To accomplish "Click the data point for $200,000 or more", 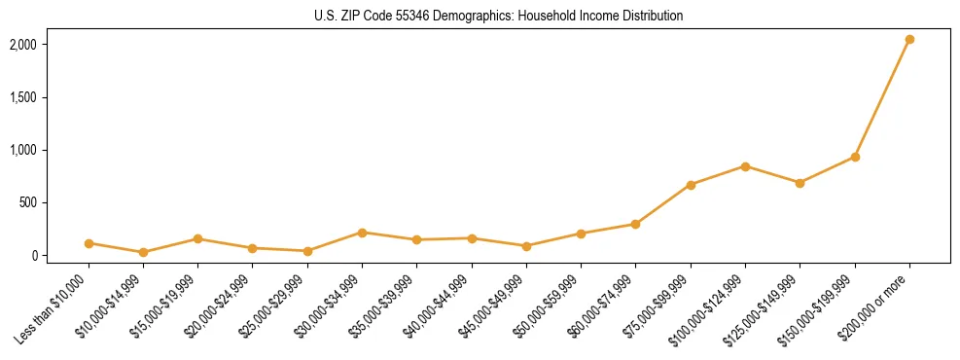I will pos(909,40).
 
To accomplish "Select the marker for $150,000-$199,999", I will pos(855,157).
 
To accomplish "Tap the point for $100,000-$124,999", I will pos(745,166).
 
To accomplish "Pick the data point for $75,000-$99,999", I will pos(691,185).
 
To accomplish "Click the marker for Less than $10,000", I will pos(89,243).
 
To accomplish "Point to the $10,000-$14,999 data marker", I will pos(143,252).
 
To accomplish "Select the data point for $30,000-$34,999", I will pos(362,233).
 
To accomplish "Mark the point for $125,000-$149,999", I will pos(800,183).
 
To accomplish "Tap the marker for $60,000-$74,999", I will pos(635,224).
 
